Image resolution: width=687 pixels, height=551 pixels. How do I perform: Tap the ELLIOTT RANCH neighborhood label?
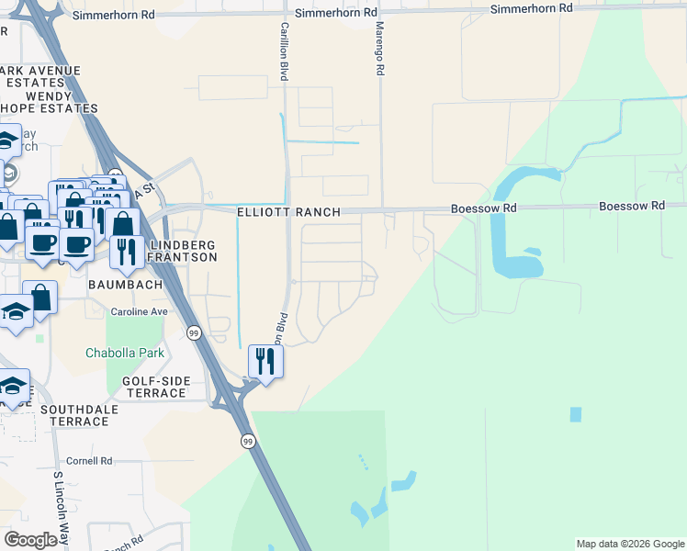[288, 212]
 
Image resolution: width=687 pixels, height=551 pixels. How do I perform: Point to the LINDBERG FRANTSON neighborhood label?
[183, 252]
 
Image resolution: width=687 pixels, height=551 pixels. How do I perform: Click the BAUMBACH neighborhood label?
[125, 285]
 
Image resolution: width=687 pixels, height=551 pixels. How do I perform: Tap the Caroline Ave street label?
[139, 312]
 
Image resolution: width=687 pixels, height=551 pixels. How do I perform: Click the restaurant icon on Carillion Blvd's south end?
[265, 360]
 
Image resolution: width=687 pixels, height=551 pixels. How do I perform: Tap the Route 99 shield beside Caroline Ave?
[194, 332]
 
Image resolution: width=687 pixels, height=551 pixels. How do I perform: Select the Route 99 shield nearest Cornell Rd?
[248, 442]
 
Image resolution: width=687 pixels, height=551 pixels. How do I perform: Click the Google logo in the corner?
[31, 540]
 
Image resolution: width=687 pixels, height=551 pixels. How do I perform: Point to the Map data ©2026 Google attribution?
[629, 544]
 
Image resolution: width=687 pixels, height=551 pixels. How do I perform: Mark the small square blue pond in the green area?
[576, 414]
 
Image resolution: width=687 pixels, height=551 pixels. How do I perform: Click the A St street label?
[142, 192]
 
